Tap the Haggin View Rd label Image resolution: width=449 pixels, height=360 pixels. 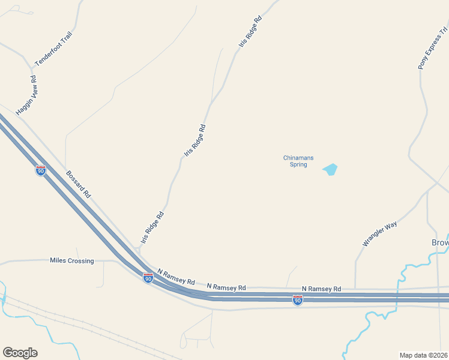pyautogui.click(x=26, y=95)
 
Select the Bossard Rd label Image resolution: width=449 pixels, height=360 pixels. pyautogui.click(x=79, y=184)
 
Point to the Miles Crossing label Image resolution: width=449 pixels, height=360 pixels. pyautogui.click(x=72, y=260)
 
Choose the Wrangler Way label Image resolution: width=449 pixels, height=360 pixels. pyautogui.click(x=380, y=234)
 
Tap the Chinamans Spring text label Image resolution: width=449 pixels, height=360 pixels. pyautogui.click(x=295, y=161)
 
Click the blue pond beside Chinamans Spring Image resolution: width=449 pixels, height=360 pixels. pyautogui.click(x=330, y=170)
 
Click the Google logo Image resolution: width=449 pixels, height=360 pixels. pyautogui.click(x=20, y=353)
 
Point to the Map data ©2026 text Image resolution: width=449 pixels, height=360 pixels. pyautogui.click(x=423, y=355)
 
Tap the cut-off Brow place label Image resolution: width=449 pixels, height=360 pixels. pyautogui.click(x=440, y=243)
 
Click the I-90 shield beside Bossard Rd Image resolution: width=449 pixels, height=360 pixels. pyautogui.click(x=41, y=171)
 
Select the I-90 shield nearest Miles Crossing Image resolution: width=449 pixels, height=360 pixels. pyautogui.click(x=148, y=278)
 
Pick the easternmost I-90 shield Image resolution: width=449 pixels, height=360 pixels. pyautogui.click(x=297, y=300)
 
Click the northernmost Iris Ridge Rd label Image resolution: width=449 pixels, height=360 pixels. pyautogui.click(x=250, y=31)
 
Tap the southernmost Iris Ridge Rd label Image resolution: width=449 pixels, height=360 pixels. pyautogui.click(x=152, y=227)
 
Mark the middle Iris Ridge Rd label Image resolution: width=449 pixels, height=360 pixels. pyautogui.click(x=195, y=141)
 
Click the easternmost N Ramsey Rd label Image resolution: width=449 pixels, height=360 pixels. pyautogui.click(x=321, y=289)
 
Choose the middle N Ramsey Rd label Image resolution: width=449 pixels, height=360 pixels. pyautogui.click(x=226, y=287)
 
